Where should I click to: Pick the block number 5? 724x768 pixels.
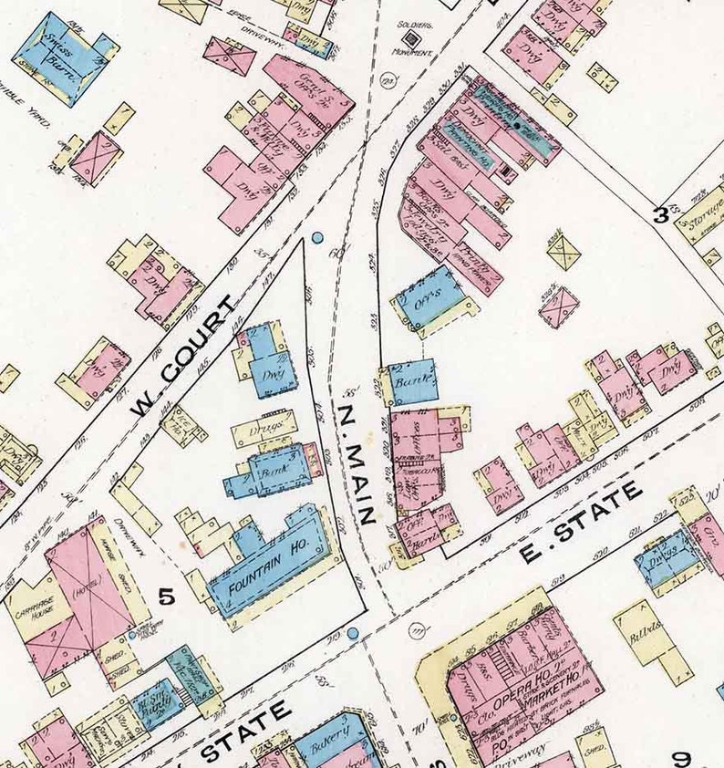click(x=166, y=598)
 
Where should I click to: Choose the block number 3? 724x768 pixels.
click(x=659, y=215)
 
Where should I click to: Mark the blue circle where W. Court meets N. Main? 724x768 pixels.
click(x=317, y=238)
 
